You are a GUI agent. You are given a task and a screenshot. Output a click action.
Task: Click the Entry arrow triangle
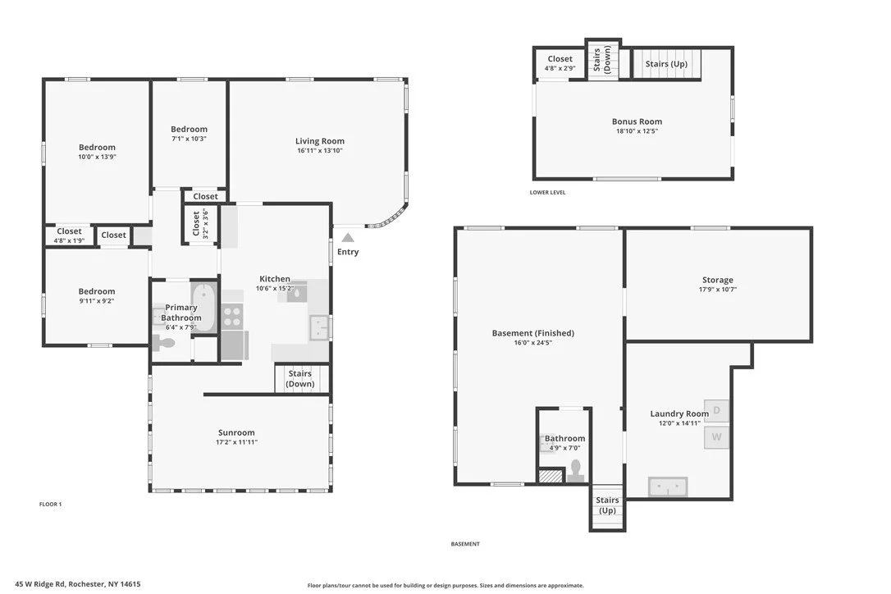click(348, 238)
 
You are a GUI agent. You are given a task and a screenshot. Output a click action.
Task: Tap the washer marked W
click(716, 437)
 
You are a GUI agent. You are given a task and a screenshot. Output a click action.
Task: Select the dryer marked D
click(716, 410)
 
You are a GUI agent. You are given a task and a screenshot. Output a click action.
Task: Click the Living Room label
click(319, 141)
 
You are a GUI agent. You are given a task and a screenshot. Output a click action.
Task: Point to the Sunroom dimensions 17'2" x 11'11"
click(236, 442)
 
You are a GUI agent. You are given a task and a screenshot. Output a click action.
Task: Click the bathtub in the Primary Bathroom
click(203, 307)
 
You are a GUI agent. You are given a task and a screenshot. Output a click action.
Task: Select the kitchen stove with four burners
click(232, 317)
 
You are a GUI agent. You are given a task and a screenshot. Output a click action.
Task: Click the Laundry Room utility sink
click(668, 487)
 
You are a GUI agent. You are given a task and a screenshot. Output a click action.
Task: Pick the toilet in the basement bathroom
click(576, 471)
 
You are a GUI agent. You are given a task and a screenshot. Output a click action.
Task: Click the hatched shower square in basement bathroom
click(550, 475)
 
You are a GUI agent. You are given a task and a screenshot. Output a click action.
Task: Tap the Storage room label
click(718, 280)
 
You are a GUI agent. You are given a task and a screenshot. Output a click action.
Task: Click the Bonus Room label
click(637, 121)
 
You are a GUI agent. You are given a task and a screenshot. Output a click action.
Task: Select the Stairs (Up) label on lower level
click(666, 64)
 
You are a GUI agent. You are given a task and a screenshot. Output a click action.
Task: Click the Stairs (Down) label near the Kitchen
click(300, 378)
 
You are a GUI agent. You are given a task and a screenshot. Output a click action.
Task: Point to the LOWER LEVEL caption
click(547, 193)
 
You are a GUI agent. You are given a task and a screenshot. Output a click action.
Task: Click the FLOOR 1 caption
click(51, 505)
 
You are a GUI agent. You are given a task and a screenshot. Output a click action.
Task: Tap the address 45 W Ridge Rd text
click(40, 584)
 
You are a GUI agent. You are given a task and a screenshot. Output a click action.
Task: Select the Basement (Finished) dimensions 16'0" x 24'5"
click(533, 343)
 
